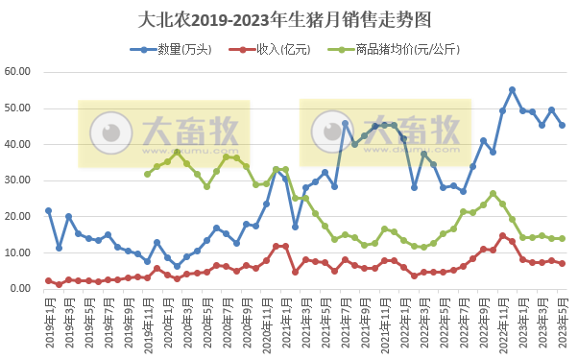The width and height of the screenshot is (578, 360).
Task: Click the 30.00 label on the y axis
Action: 20,180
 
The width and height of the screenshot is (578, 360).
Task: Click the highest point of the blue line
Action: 512,89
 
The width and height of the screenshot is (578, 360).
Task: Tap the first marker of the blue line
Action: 49,210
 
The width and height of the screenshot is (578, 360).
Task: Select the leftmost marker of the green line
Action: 147,174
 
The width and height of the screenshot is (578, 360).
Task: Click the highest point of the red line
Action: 502,235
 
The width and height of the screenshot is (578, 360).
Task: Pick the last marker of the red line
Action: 562,263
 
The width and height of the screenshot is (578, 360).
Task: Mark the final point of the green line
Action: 562,238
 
